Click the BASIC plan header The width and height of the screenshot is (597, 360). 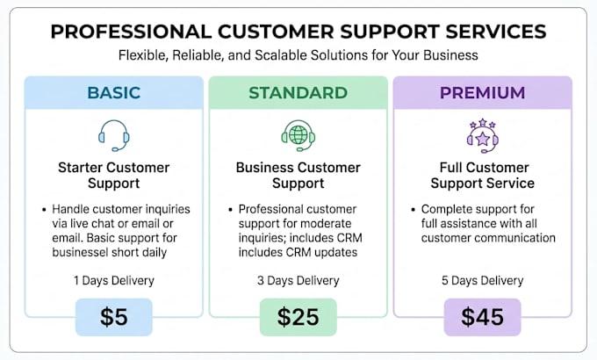point(114,92)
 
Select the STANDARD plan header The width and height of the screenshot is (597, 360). point(298,92)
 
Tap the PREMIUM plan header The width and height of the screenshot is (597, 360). point(482,92)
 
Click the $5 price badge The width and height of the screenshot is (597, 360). point(114,317)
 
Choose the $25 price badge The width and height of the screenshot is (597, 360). point(298,317)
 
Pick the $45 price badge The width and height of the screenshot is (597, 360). point(482,317)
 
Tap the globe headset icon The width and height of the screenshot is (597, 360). point(298,135)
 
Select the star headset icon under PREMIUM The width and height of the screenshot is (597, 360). point(482,135)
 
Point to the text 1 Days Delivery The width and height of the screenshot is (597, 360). point(114,281)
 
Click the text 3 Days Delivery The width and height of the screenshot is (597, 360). point(298,281)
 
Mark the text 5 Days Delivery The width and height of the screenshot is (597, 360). point(482,281)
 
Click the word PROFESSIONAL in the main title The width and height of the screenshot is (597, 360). point(131,32)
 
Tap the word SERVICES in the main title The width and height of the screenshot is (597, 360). point(496,32)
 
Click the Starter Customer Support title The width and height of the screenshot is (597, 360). point(114,176)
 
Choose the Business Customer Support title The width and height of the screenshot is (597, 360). point(298,176)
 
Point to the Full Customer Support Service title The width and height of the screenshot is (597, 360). point(482,176)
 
